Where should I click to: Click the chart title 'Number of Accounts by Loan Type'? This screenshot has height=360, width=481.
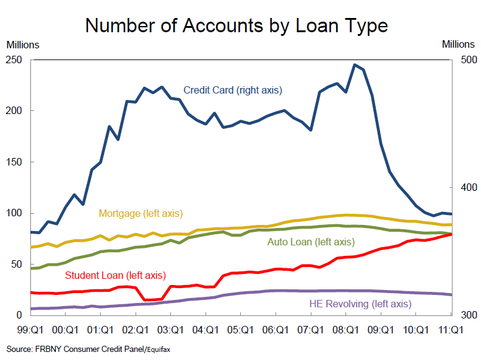coord(236,25)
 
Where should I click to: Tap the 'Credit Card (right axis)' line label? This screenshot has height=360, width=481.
coord(232,90)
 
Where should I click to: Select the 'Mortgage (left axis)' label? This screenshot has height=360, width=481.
coord(141,213)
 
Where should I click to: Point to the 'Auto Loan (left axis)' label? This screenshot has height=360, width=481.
coord(311,242)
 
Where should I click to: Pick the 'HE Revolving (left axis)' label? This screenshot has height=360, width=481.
coord(360,304)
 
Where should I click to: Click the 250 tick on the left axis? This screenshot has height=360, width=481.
coord(14,59)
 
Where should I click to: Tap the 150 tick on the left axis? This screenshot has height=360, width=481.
coord(14,162)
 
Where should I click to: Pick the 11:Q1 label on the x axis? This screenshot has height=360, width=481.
coord(451,330)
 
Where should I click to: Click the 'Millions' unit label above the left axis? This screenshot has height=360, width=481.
coord(23,45)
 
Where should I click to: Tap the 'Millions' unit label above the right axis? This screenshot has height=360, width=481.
coord(458,45)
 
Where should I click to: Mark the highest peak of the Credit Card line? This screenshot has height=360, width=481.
coord(355,64)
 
